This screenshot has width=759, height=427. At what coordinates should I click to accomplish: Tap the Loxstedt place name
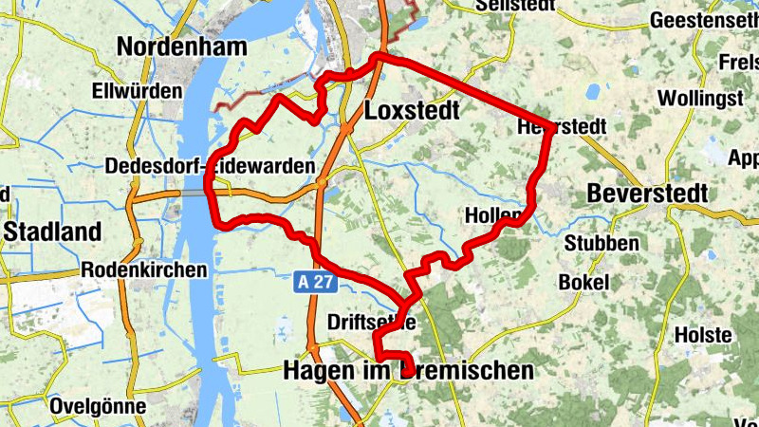click(412, 111)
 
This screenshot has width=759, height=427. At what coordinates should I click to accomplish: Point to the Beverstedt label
click(648, 193)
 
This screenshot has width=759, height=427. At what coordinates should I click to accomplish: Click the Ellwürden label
click(138, 92)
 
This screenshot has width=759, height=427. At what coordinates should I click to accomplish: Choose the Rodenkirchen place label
click(144, 269)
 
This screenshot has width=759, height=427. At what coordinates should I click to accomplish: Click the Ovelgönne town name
click(100, 406)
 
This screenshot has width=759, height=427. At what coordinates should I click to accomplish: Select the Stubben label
click(602, 243)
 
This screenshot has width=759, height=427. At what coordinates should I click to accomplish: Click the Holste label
click(703, 335)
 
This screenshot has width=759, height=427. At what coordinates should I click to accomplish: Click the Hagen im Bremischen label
click(409, 370)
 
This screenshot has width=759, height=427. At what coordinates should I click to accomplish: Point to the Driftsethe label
click(371, 322)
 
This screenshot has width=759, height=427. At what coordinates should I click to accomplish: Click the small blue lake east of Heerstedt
click(593, 92)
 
